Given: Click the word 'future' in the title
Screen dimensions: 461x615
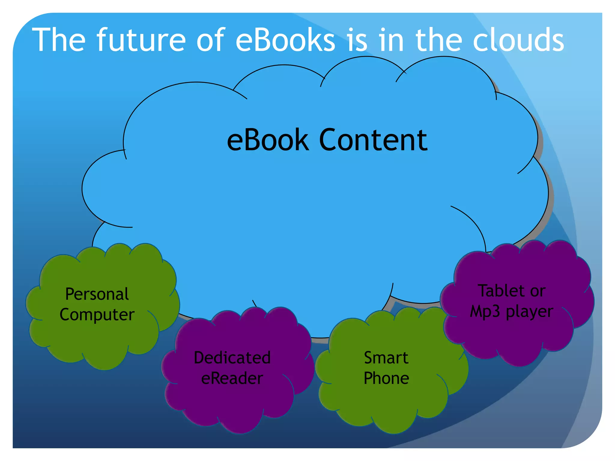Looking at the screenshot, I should pyautogui.click(x=141, y=40).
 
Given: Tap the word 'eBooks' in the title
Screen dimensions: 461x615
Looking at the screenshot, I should pyautogui.click(x=285, y=40).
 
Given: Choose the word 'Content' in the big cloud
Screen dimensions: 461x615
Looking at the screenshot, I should pyautogui.click(x=373, y=140).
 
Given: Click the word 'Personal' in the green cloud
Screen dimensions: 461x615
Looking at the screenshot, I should pyautogui.click(x=97, y=294).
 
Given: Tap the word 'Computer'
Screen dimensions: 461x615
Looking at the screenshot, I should pyautogui.click(x=97, y=315).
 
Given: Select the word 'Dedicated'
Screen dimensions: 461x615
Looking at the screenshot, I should pyautogui.click(x=232, y=358).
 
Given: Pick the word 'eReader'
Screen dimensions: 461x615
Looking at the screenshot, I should pyautogui.click(x=232, y=378).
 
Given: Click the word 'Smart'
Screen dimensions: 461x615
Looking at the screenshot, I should pyautogui.click(x=386, y=358).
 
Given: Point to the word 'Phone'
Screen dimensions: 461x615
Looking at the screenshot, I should pyautogui.click(x=386, y=378).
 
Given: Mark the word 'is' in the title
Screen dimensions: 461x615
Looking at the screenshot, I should pyautogui.click(x=357, y=40).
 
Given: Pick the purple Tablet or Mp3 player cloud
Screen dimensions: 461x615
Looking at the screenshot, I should pyautogui.click(x=517, y=333).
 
